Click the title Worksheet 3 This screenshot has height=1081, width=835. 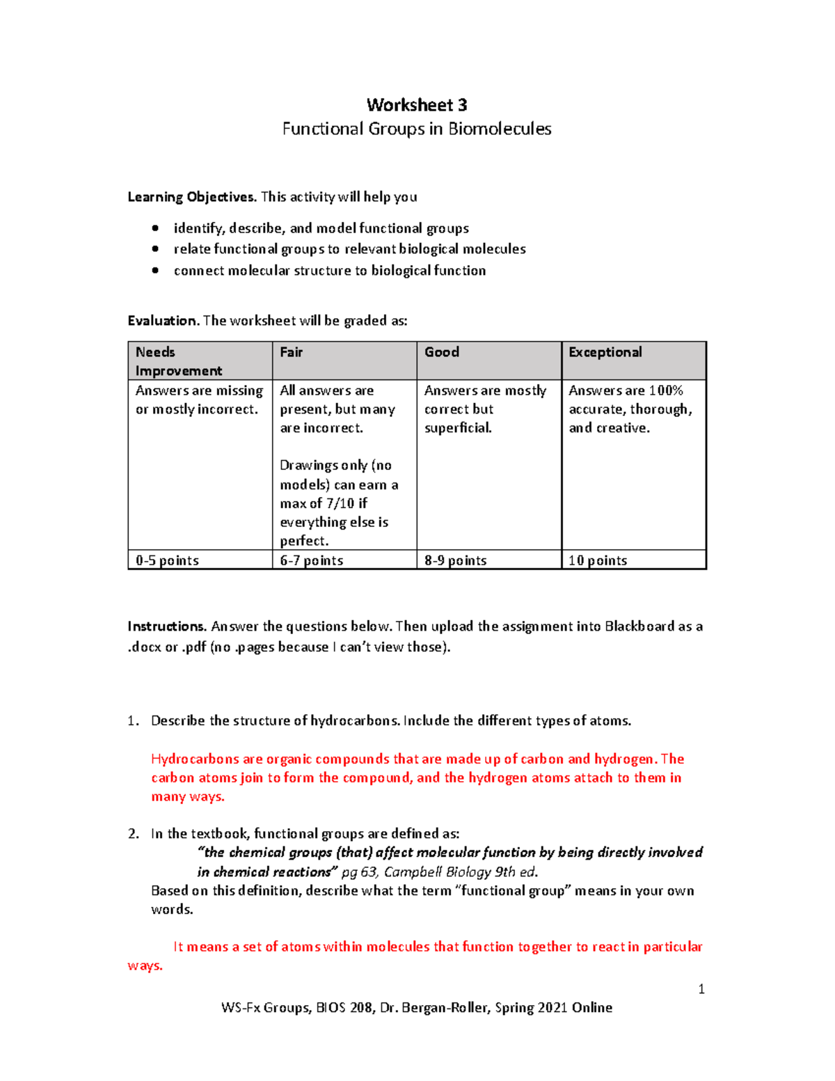(x=417, y=105)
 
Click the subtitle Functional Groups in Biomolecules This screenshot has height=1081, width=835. (x=417, y=129)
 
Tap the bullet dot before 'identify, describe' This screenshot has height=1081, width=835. (x=155, y=228)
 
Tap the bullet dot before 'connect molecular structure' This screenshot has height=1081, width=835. (x=155, y=271)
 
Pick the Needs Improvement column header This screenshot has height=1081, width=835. (x=179, y=361)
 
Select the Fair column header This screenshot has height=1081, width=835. (x=292, y=352)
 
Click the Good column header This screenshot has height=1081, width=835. (x=442, y=352)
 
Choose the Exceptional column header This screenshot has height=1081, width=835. (x=605, y=352)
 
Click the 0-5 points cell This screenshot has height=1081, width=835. (x=167, y=560)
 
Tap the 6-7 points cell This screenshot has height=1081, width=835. (x=312, y=560)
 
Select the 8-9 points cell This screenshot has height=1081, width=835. (x=456, y=560)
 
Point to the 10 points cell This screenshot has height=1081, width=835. (x=598, y=560)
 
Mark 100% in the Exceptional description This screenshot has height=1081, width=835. (x=666, y=390)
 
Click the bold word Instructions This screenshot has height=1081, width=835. (x=167, y=626)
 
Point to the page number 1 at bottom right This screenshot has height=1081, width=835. (x=701, y=989)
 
